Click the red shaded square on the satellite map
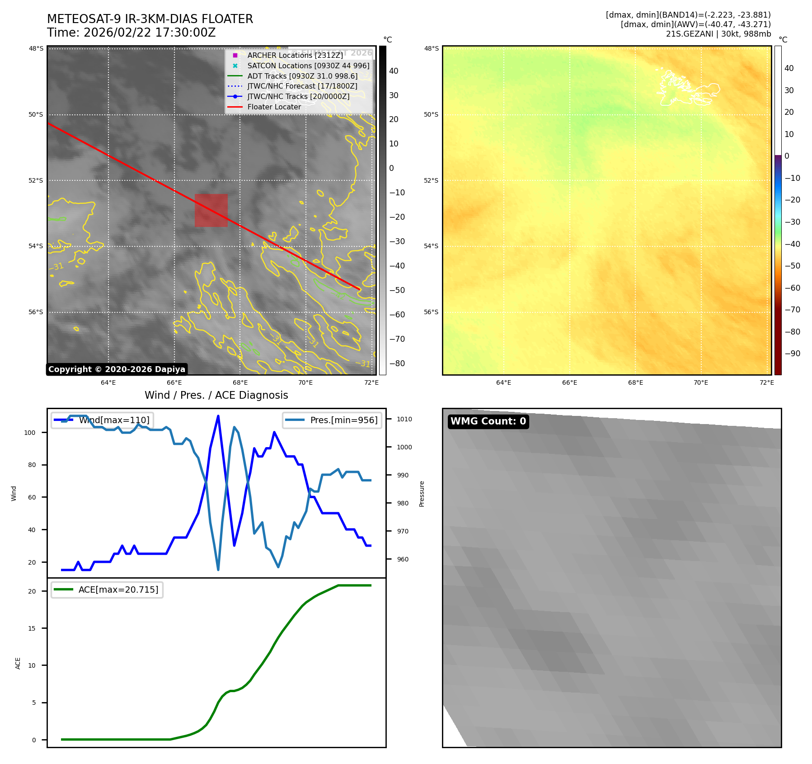(211, 210)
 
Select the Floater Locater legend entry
(274, 107)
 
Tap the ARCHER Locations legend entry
(295, 55)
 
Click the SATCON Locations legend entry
(308, 66)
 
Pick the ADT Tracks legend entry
(302, 76)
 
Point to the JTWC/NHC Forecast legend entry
(302, 86)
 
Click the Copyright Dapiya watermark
(117, 369)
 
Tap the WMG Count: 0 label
(488, 421)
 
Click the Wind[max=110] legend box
(102, 420)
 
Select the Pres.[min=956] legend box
(332, 420)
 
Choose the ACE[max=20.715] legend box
(107, 590)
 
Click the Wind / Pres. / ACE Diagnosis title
(216, 395)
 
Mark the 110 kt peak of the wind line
(218, 416)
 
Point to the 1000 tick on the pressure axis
(404, 447)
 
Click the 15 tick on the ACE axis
(32, 628)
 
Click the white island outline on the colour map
(687, 88)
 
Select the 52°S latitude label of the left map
(36, 180)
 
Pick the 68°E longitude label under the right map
(635, 383)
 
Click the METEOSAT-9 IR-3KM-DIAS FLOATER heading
(150, 19)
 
